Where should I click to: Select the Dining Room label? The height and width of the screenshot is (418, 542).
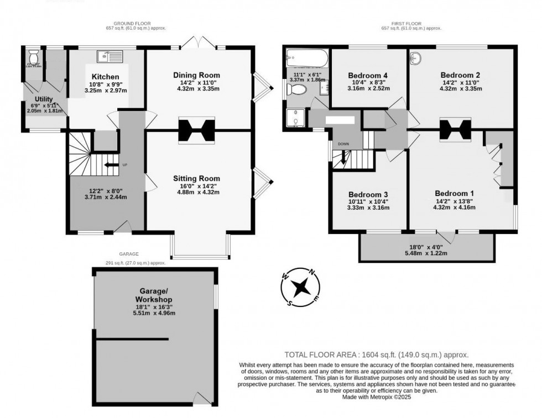(x=196, y=75)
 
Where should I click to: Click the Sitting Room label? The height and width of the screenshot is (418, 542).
(x=196, y=178)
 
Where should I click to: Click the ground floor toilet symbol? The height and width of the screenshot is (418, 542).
(x=34, y=57)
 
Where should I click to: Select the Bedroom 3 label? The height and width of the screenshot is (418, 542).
(x=368, y=194)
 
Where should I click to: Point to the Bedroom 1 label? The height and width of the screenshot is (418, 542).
(x=454, y=193)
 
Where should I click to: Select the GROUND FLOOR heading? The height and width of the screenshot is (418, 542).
(x=136, y=23)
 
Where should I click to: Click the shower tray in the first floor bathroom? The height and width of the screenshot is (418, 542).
(x=294, y=118)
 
